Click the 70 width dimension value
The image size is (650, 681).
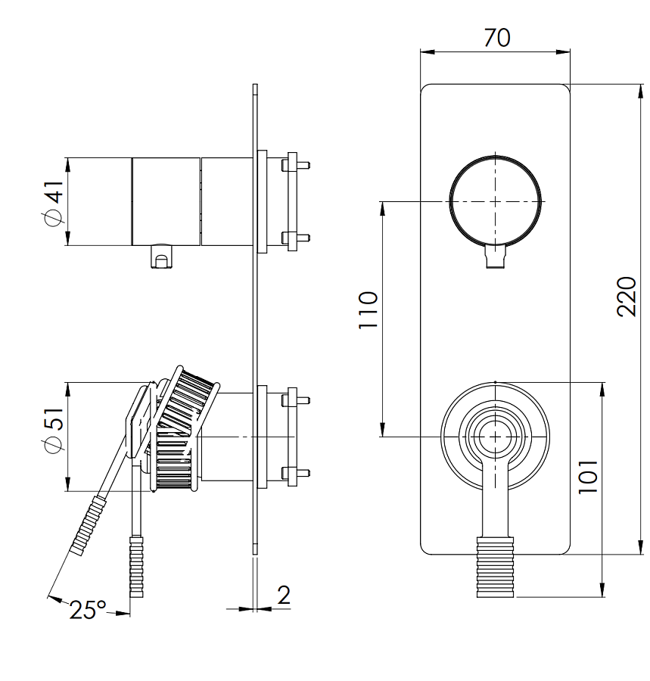click(496, 37)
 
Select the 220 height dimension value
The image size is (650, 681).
click(627, 296)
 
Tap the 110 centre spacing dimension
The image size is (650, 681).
click(368, 309)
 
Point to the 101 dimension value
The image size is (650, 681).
click(588, 477)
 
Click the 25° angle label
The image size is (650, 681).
click(89, 610)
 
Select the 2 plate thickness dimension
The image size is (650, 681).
click(284, 595)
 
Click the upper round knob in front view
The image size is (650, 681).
click(496, 201)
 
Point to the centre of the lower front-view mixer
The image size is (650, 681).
click(495, 436)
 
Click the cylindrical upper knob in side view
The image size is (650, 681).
click(167, 201)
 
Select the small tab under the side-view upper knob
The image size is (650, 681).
click(161, 257)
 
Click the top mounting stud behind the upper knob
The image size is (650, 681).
click(296, 163)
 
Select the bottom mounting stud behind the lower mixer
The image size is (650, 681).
click(296, 474)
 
